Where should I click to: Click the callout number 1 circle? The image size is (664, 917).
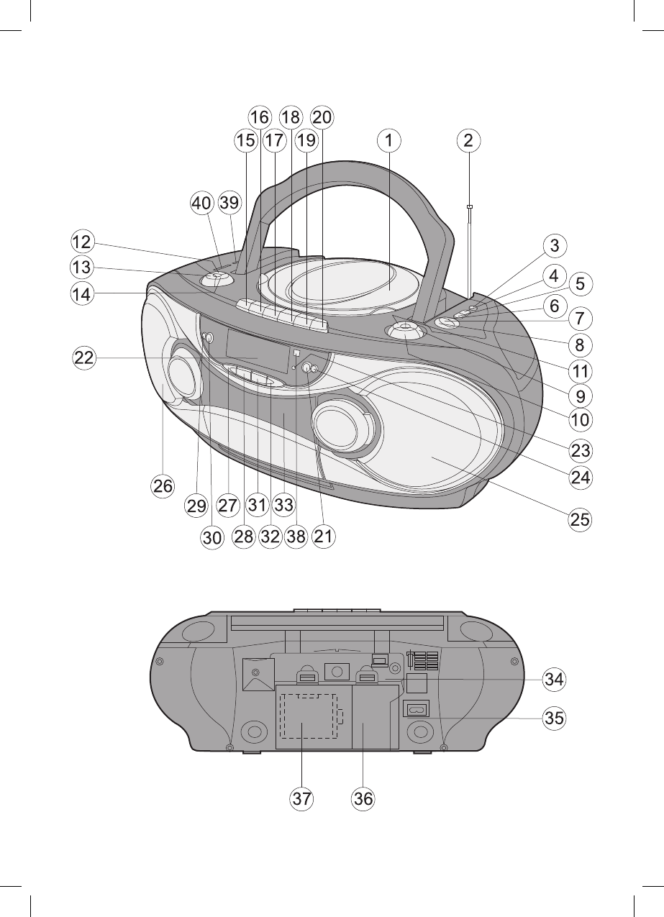388,140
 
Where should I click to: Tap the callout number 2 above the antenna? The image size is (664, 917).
468,140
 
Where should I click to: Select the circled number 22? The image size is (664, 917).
84,358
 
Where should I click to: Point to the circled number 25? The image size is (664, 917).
580,519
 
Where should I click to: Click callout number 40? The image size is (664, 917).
202,203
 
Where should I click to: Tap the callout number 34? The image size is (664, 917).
554,680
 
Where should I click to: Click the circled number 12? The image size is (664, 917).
82,242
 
